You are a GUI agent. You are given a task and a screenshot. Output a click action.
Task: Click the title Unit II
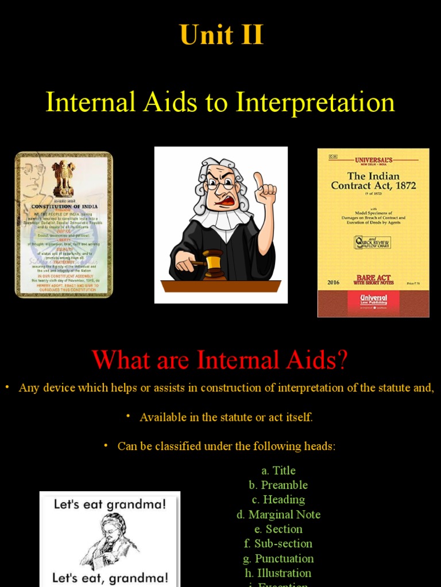221,35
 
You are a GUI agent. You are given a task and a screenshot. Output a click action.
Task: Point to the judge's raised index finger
258,179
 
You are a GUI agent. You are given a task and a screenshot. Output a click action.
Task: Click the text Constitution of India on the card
64,206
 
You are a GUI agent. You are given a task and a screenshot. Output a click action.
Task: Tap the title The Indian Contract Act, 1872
373,181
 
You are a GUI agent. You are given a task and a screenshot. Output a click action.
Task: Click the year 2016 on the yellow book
334,282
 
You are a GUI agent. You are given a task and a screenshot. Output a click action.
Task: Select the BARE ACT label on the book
373,278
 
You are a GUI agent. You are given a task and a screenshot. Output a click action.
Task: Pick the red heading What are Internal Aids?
220,360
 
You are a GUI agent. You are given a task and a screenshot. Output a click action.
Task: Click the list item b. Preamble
278,485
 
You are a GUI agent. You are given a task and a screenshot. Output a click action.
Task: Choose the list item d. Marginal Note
278,514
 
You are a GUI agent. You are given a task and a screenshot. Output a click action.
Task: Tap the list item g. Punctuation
278,558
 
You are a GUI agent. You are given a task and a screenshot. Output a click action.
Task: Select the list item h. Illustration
278,573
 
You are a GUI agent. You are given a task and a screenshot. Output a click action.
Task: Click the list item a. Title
278,471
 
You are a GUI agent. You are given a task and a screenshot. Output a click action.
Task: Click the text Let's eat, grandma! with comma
110,577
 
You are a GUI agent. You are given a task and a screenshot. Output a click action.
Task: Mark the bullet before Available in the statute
129,416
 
